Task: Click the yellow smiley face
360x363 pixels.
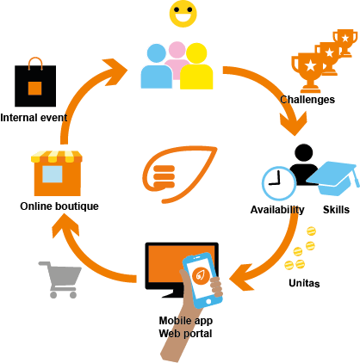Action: (183, 14)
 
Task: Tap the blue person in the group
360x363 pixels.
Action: (156, 66)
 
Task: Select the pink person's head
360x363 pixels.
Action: (177, 50)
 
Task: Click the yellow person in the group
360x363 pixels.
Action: (196, 66)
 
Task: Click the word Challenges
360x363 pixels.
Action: (307, 100)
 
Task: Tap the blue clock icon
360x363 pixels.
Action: (279, 183)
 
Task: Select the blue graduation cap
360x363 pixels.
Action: (333, 178)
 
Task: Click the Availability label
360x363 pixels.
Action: (277, 210)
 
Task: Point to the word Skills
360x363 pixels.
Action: (336, 210)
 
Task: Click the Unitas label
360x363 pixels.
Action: (304, 283)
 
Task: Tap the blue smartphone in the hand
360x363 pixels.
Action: (203, 280)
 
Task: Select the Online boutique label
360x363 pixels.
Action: (59, 206)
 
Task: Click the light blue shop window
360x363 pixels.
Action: (53, 174)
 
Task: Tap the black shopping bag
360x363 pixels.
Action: (35, 83)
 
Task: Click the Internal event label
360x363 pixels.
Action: (34, 118)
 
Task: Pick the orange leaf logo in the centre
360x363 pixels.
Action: (179, 175)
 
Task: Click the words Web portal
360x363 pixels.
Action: (185, 334)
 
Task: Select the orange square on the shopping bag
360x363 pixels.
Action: (35, 88)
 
